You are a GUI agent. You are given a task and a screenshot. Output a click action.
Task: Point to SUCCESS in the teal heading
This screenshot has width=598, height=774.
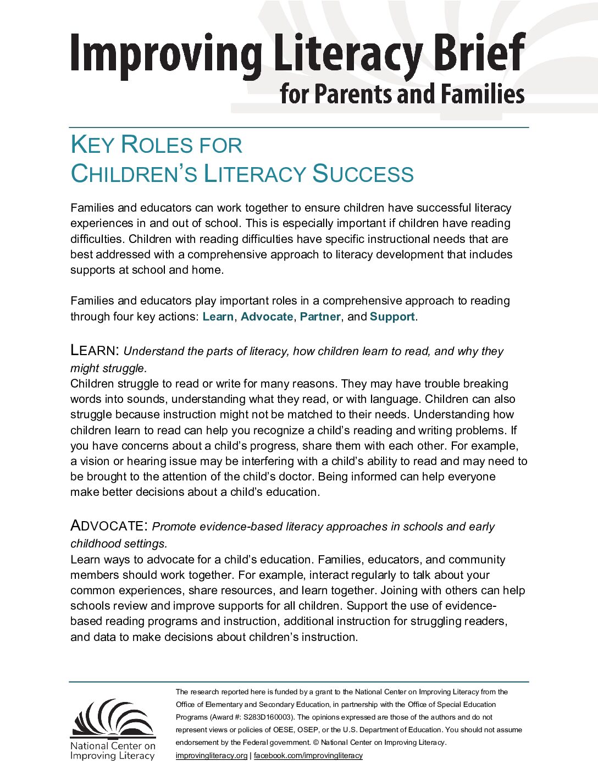(363, 174)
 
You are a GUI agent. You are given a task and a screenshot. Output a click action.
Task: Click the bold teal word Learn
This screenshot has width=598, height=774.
(218, 317)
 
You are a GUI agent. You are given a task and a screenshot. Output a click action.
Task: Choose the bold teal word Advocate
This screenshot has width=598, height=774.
(267, 317)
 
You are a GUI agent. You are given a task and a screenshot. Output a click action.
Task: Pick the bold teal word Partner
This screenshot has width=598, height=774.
(320, 317)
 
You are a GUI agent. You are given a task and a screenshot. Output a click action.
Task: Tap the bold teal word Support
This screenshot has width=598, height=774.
(392, 317)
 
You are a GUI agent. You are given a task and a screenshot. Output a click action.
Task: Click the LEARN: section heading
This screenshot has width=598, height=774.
(95, 350)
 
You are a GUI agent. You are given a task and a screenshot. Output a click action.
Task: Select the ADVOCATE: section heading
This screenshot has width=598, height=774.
(109, 526)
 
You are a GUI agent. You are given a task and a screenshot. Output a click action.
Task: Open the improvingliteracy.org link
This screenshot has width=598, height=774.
(212, 755)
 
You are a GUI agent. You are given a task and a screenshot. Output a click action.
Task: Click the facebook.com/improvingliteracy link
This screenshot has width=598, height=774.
(308, 755)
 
